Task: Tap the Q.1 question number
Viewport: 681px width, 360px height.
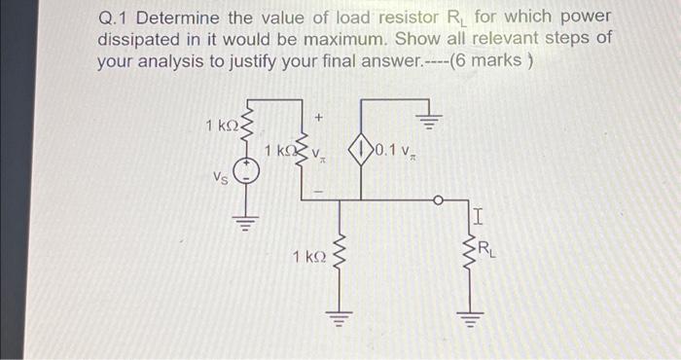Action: point(115,18)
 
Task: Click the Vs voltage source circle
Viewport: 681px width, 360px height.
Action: point(246,175)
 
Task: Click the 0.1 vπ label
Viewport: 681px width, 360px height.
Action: point(397,150)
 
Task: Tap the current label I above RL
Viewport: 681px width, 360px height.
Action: point(477,214)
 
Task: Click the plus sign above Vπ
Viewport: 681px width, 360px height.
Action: point(318,116)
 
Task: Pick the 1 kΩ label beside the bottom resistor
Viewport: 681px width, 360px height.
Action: point(308,257)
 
